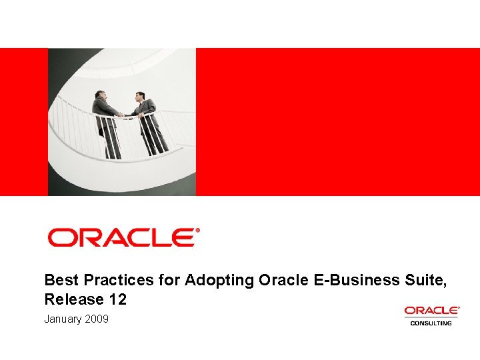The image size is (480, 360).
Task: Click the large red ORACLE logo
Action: (121, 237)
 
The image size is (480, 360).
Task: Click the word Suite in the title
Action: (426, 281)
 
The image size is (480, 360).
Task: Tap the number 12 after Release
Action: (117, 299)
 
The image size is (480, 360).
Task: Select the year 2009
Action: (97, 319)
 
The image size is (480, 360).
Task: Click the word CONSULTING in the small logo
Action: (431, 323)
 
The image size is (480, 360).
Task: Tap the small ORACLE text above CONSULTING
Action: (431, 311)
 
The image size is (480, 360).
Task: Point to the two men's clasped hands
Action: (122, 115)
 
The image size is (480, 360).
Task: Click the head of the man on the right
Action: (140, 96)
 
